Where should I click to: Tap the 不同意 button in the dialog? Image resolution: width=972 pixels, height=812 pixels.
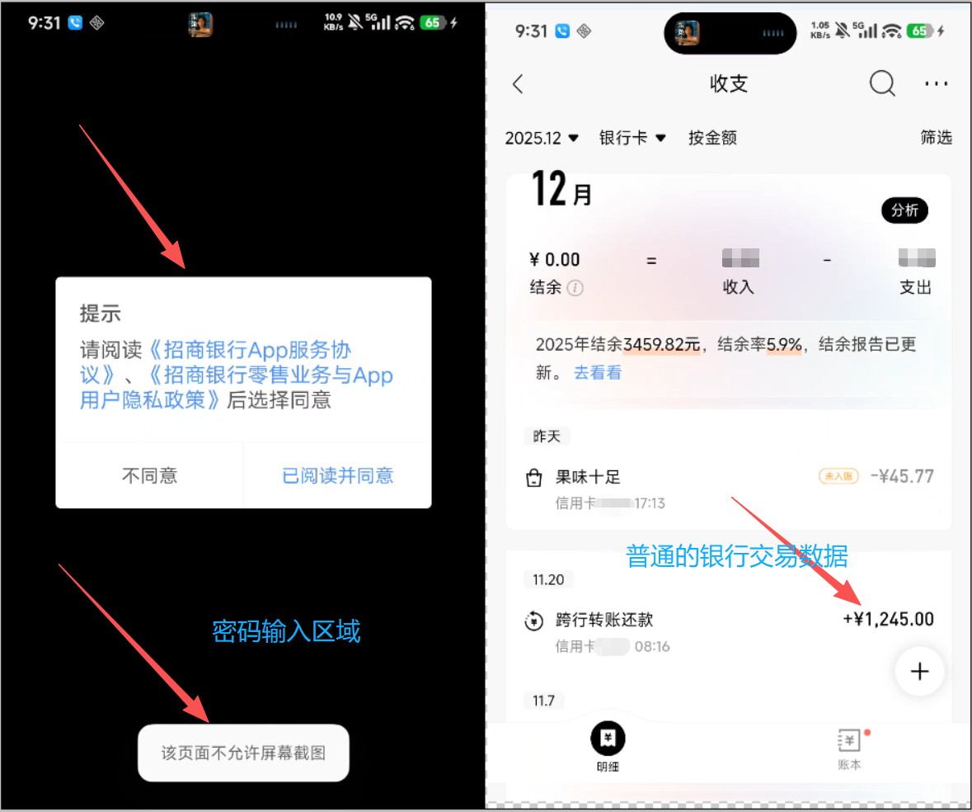pos(149,475)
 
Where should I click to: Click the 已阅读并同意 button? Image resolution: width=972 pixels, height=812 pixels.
pos(337,475)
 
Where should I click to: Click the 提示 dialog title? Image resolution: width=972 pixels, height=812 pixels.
pos(100,314)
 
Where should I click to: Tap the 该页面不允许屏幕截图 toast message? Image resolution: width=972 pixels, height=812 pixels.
pos(243,753)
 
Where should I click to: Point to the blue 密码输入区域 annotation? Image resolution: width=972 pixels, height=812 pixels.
pos(286,631)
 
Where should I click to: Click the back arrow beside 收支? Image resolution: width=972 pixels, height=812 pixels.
pos(518,84)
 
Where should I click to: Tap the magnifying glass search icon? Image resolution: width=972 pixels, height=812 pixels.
pos(881,83)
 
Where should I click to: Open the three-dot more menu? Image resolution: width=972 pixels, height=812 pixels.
pos(936,84)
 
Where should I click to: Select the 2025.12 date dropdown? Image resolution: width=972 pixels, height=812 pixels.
pos(542,138)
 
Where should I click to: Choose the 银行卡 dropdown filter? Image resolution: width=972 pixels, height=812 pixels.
pos(632,138)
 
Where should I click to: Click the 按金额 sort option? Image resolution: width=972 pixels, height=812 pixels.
pos(712,138)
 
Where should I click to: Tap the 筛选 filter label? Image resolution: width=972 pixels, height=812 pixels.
pos(936,138)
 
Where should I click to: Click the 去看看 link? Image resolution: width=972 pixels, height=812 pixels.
pos(598,373)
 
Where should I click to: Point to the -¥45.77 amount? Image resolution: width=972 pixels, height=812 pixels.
pos(902,476)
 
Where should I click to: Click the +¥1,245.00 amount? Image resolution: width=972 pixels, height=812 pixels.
pos(888,619)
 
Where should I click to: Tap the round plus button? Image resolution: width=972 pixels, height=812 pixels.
pos(919,672)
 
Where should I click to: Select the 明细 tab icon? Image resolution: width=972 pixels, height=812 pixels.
pos(608,739)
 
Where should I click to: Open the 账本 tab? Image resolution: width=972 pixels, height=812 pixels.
pos(849,748)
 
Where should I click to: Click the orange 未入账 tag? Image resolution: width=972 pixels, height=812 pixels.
pos(838,476)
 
